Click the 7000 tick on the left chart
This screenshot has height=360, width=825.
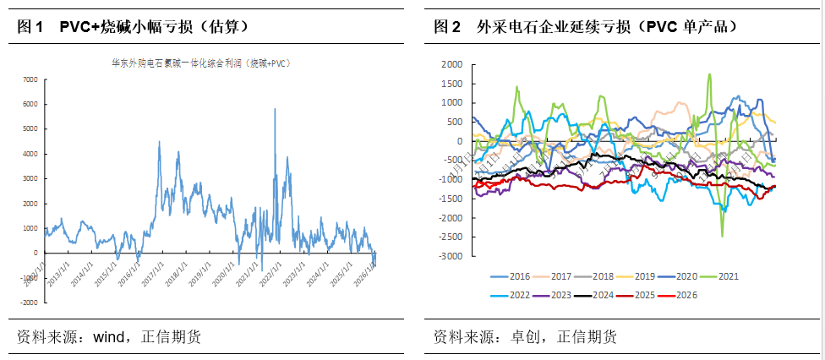pyautogui.click(x=30, y=79)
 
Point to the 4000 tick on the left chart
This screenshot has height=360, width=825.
pyautogui.click(x=30, y=154)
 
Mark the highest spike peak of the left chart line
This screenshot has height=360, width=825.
pyautogui.click(x=274, y=109)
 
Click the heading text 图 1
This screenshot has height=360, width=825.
pyautogui.click(x=30, y=27)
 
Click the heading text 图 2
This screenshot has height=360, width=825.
pyautogui.click(x=447, y=27)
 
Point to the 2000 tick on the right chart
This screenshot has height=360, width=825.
pyautogui.click(x=451, y=64)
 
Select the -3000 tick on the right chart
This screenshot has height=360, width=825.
pyautogui.click(x=450, y=256)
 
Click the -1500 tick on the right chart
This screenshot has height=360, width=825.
pyautogui.click(x=450, y=199)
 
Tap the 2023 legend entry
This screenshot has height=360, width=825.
pyautogui.click(x=562, y=295)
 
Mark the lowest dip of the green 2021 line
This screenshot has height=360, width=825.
pyautogui.click(x=722, y=236)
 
